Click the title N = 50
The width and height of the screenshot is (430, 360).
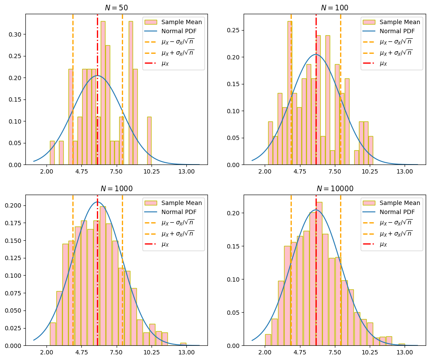[116, 8]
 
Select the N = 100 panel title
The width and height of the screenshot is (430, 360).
[334, 8]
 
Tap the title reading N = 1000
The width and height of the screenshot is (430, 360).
[116, 189]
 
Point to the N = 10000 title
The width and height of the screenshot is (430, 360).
[334, 189]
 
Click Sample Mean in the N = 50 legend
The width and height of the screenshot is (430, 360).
[181, 22]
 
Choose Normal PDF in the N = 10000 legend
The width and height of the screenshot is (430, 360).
[396, 212]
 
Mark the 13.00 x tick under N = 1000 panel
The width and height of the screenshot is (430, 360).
[186, 352]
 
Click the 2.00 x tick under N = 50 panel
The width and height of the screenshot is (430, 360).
[46, 171]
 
